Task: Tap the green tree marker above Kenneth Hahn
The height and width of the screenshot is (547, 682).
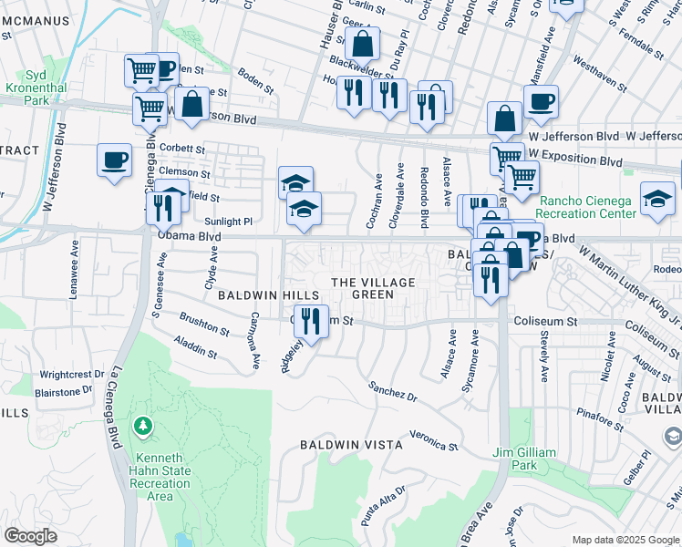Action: [x=143, y=427]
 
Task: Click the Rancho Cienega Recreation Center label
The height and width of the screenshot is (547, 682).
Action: [x=587, y=207]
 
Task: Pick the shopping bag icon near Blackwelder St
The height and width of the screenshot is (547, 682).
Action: [x=362, y=43]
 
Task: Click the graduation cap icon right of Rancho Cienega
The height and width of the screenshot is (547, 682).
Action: [x=657, y=198]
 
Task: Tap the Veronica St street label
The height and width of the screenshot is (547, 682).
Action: [x=433, y=439]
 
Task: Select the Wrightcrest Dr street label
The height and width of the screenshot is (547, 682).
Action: [x=66, y=375]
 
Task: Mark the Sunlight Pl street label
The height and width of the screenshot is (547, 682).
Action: [x=228, y=222]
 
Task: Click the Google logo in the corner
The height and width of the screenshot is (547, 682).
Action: [x=30, y=536]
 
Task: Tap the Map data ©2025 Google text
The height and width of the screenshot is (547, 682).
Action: [x=625, y=540]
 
